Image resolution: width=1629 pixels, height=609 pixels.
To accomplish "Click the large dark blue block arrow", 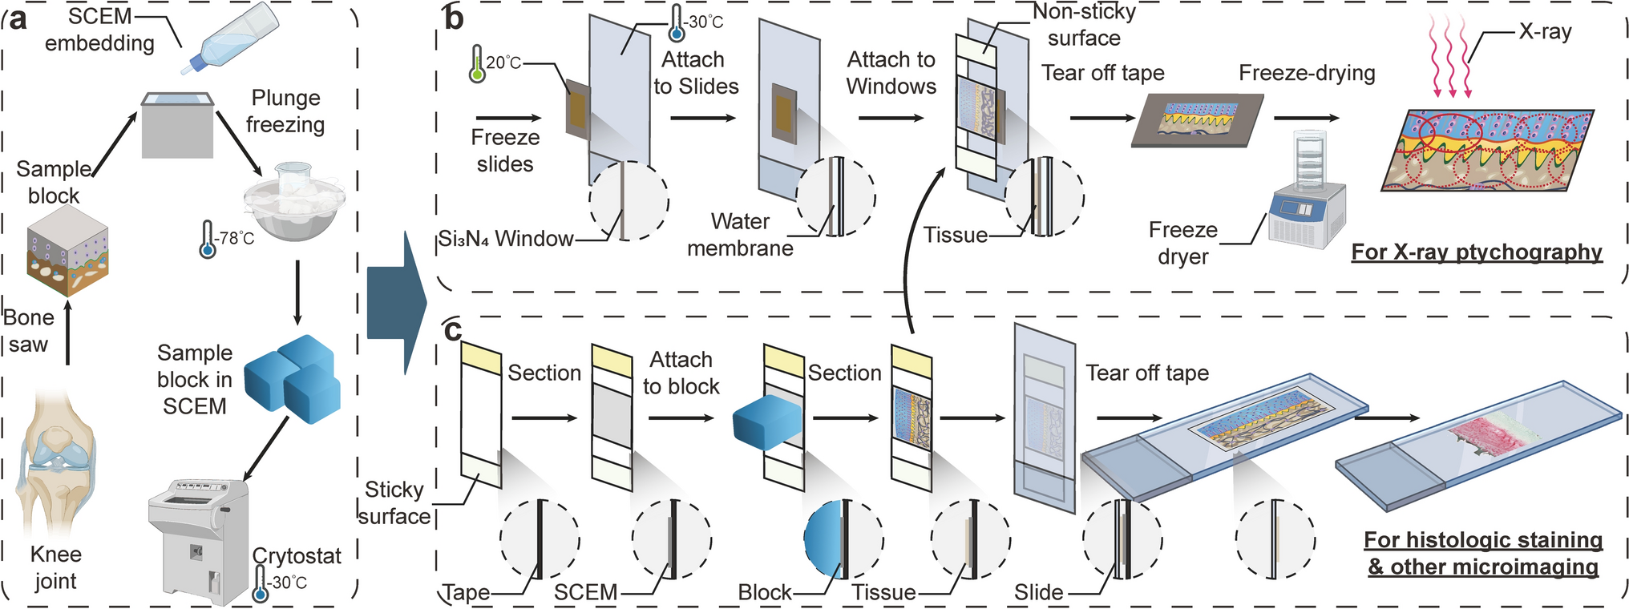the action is pyautogui.click(x=397, y=303).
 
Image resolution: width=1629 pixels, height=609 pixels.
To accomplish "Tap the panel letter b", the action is pyautogui.click(x=454, y=18).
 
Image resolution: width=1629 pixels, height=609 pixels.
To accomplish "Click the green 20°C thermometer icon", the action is pyautogui.click(x=477, y=64).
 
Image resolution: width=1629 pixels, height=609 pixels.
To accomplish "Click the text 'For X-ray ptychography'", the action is pyautogui.click(x=1477, y=252).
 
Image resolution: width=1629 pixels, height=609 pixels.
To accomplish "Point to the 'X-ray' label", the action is pyautogui.click(x=1545, y=32).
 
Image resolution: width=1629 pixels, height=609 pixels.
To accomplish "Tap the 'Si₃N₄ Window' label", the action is pyautogui.click(x=506, y=239).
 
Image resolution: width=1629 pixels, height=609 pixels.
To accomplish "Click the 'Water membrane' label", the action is pyautogui.click(x=740, y=235).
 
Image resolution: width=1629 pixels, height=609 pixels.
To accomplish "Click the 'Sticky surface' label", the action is pyautogui.click(x=394, y=502).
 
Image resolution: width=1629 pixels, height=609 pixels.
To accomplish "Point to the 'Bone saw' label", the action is pyautogui.click(x=29, y=331).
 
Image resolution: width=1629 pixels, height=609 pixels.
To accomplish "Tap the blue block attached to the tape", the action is pyautogui.click(x=768, y=421).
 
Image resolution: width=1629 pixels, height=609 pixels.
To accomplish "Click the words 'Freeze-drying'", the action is pyautogui.click(x=1307, y=73).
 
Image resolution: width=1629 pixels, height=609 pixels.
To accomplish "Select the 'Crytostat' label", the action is pyautogui.click(x=297, y=556).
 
